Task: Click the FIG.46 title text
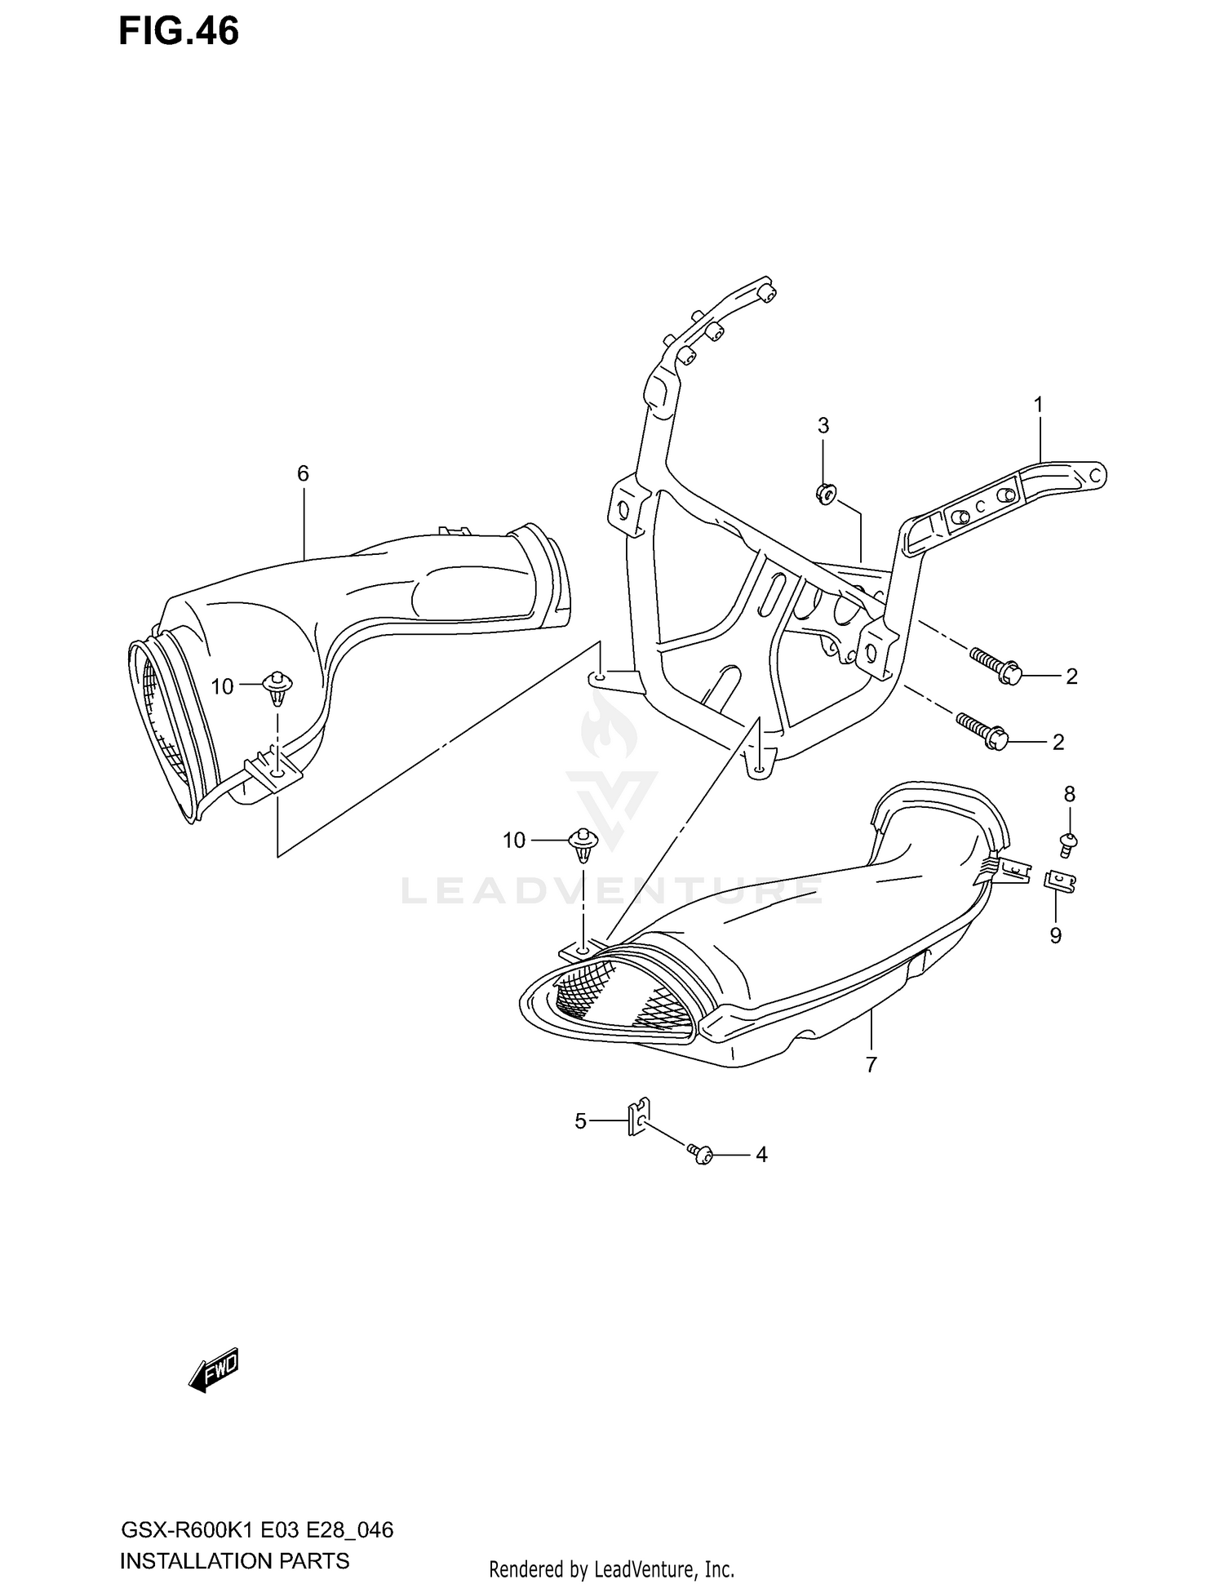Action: (x=179, y=32)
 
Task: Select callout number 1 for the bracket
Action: (x=1039, y=405)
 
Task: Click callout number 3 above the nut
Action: (x=823, y=425)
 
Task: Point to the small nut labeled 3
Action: (x=824, y=493)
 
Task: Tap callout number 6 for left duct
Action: (x=303, y=473)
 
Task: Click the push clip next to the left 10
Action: (x=277, y=687)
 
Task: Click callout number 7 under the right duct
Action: (x=871, y=1064)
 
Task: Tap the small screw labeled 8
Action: (x=1068, y=841)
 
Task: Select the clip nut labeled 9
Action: (x=1059, y=881)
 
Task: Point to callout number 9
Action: (x=1056, y=935)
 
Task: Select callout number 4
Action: (x=761, y=1155)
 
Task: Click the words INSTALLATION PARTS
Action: (x=234, y=1561)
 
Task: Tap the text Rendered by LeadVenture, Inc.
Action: (x=611, y=1568)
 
